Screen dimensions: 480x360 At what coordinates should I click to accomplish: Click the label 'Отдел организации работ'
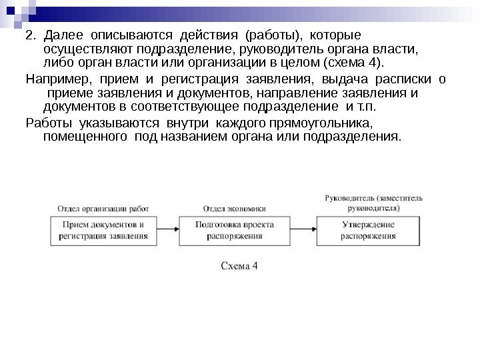click(x=103, y=207)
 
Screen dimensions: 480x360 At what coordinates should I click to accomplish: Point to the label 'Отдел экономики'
click(x=234, y=207)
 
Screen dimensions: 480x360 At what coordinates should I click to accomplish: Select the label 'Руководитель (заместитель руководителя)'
click(x=373, y=203)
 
